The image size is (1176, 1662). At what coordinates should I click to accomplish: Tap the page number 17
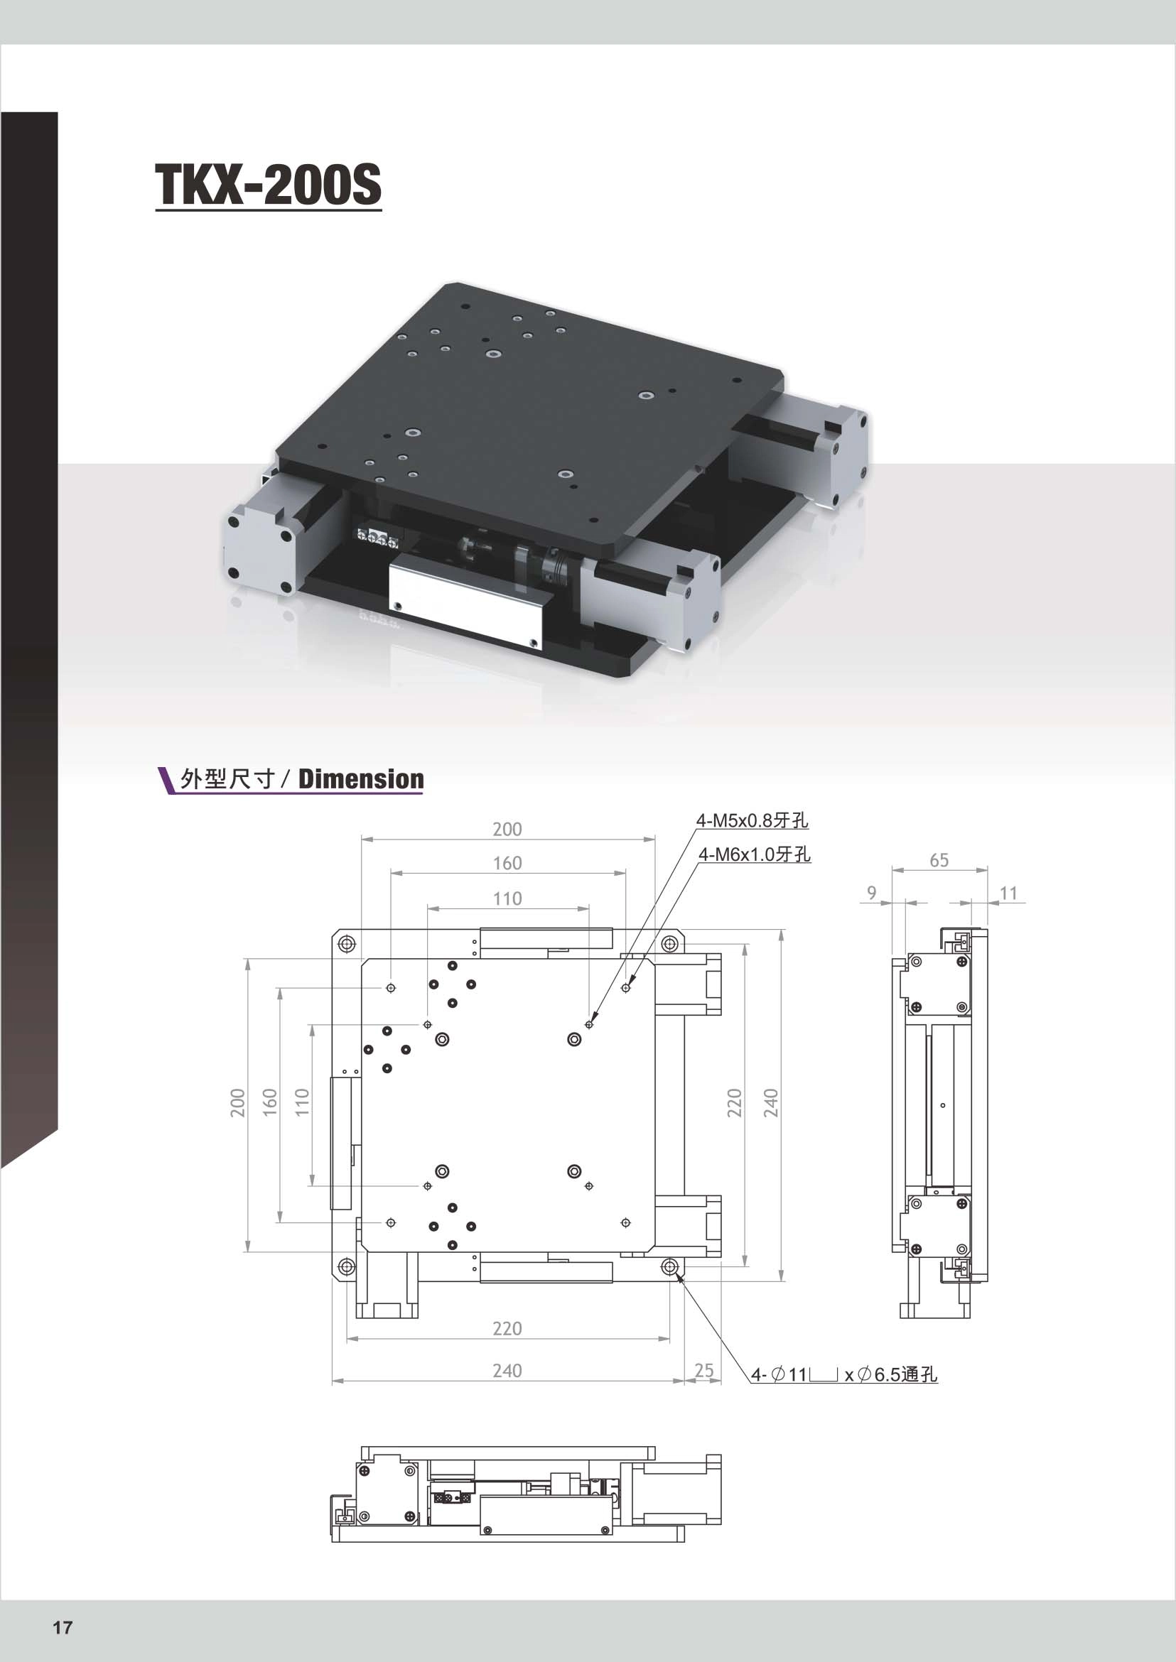[63, 1627]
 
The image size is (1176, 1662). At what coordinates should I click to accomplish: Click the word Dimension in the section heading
[361, 779]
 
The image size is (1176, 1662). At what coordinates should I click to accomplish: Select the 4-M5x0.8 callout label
[752, 820]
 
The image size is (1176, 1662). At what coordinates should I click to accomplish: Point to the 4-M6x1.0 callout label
[754, 854]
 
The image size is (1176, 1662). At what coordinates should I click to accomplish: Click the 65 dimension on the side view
[939, 860]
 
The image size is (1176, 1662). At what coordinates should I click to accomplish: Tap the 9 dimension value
[871, 893]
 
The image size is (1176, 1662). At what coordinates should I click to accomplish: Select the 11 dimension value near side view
[1008, 894]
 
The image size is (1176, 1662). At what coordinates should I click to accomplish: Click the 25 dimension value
[703, 1370]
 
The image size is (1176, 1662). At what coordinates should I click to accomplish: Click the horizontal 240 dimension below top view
[507, 1370]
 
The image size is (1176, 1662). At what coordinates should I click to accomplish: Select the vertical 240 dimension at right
[770, 1102]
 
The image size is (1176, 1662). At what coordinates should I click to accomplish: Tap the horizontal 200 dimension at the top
[507, 829]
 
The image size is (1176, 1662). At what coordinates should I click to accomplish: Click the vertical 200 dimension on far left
[237, 1102]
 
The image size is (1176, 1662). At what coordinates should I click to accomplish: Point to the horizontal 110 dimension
[507, 898]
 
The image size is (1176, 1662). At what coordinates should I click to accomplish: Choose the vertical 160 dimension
[269, 1102]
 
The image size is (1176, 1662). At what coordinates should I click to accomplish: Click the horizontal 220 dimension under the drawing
[507, 1328]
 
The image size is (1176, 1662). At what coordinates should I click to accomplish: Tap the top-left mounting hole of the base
[347, 944]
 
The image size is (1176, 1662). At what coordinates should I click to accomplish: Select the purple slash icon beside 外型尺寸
[166, 780]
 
